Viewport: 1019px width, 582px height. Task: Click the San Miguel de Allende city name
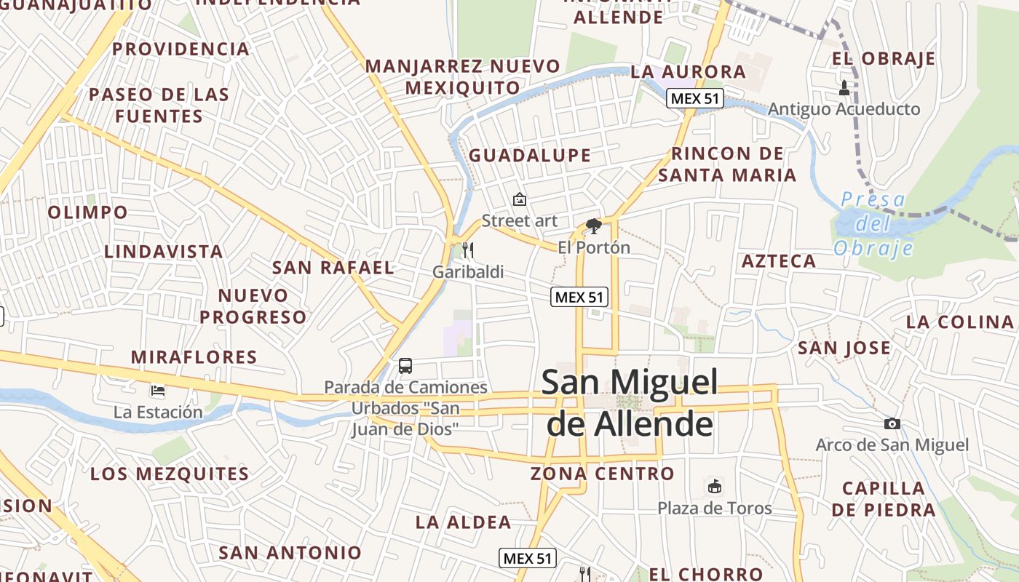(630, 403)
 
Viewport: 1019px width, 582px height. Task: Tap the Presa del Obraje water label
(873, 223)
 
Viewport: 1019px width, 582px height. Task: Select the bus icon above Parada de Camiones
(405, 366)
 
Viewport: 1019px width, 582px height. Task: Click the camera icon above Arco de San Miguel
(892, 423)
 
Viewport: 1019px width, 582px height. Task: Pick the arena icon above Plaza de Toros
(715, 486)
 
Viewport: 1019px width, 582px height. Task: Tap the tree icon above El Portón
(594, 226)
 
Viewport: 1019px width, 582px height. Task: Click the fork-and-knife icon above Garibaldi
(468, 250)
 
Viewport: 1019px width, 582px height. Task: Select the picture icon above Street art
(520, 199)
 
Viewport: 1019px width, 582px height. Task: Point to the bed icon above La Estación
(158, 391)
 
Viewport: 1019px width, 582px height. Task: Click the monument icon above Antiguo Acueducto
(844, 88)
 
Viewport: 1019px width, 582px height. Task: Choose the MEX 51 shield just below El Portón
(579, 296)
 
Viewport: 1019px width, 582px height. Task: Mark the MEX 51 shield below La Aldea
(528, 558)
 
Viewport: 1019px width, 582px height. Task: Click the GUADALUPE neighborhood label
(530, 155)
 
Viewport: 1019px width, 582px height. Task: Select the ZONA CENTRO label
(602, 474)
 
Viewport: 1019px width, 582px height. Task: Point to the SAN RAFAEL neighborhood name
(333, 267)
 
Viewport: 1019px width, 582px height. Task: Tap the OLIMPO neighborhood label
(87, 212)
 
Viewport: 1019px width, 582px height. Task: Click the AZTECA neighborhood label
(779, 261)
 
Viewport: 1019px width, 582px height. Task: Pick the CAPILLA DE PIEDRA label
(884, 498)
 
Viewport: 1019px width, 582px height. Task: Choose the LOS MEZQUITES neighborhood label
(170, 474)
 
